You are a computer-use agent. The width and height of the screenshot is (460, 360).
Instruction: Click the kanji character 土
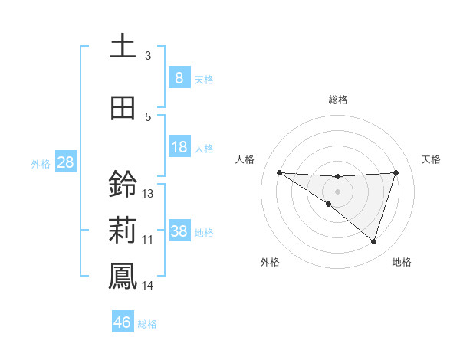tap(123, 46)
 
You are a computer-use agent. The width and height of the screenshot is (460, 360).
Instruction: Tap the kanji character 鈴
tap(123, 185)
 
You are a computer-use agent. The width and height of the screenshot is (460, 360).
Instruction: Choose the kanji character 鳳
tap(123, 276)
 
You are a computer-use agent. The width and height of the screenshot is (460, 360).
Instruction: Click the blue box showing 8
tap(179, 77)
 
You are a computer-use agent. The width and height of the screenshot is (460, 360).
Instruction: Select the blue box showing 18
tap(179, 147)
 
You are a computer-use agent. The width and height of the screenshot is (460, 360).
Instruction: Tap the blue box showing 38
tap(179, 231)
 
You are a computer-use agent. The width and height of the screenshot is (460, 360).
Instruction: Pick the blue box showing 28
tap(64, 162)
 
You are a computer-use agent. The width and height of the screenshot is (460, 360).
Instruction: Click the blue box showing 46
tap(123, 322)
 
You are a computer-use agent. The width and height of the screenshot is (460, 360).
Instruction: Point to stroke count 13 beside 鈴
tap(148, 194)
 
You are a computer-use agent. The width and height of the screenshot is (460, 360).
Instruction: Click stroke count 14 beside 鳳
tap(148, 286)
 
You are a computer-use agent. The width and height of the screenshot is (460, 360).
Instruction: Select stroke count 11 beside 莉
tap(148, 240)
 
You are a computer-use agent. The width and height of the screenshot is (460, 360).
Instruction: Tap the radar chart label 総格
tap(337, 100)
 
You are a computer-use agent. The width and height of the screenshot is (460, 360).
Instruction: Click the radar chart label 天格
tap(432, 159)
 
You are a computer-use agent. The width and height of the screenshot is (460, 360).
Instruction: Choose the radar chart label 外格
tap(270, 263)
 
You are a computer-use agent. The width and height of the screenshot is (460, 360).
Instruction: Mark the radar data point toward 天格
tap(396, 172)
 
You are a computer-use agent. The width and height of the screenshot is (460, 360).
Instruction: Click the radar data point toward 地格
tap(373, 241)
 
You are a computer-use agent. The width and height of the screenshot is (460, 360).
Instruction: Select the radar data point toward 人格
tap(279, 172)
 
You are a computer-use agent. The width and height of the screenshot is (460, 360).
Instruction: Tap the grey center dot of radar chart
tap(337, 191)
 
